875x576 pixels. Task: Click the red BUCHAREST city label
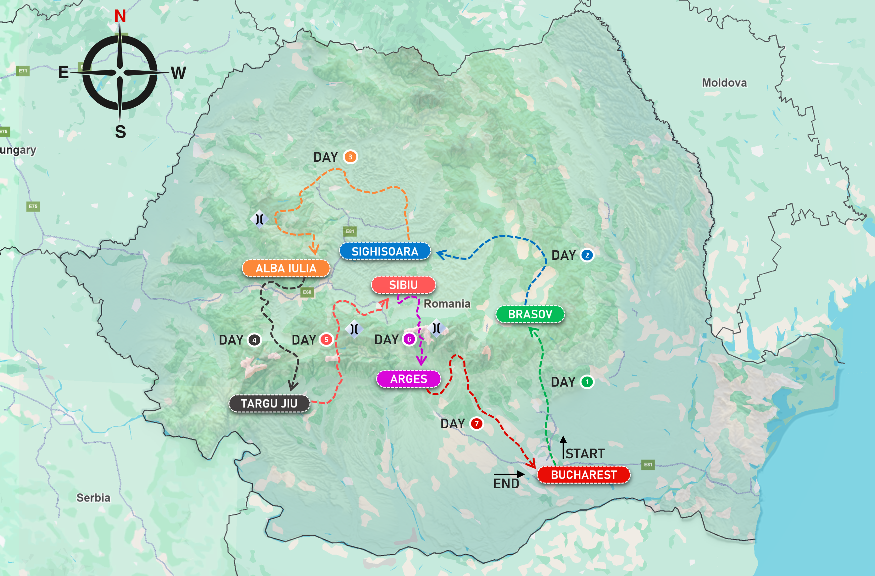click(583, 475)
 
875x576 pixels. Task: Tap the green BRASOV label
click(530, 315)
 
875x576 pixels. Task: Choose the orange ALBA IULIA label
click(286, 269)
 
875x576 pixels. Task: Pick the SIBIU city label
click(403, 285)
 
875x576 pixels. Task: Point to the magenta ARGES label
click(409, 379)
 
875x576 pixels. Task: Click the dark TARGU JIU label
click(269, 404)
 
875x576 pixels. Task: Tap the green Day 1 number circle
click(587, 382)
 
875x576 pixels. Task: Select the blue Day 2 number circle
click(587, 255)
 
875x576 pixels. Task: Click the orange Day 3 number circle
click(350, 157)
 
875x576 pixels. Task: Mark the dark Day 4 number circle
click(254, 340)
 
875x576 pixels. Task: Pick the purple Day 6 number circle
click(409, 339)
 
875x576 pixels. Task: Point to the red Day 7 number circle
click(477, 424)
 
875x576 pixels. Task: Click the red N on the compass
click(120, 16)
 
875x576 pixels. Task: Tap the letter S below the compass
click(120, 132)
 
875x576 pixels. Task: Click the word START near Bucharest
click(585, 454)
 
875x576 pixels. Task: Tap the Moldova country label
click(724, 83)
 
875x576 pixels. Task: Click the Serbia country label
click(93, 498)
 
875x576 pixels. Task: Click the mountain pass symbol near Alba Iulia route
click(259, 219)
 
